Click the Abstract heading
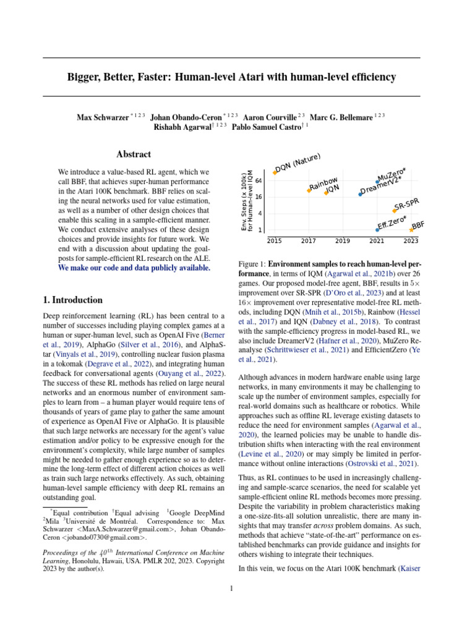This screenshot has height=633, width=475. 134,155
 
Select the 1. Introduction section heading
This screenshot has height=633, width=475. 72,300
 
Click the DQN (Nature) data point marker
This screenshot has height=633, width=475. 275,173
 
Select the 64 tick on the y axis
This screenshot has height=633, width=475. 259,181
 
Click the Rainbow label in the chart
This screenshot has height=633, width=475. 323,184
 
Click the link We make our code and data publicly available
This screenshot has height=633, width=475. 134,268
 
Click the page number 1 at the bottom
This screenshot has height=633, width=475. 231,588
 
